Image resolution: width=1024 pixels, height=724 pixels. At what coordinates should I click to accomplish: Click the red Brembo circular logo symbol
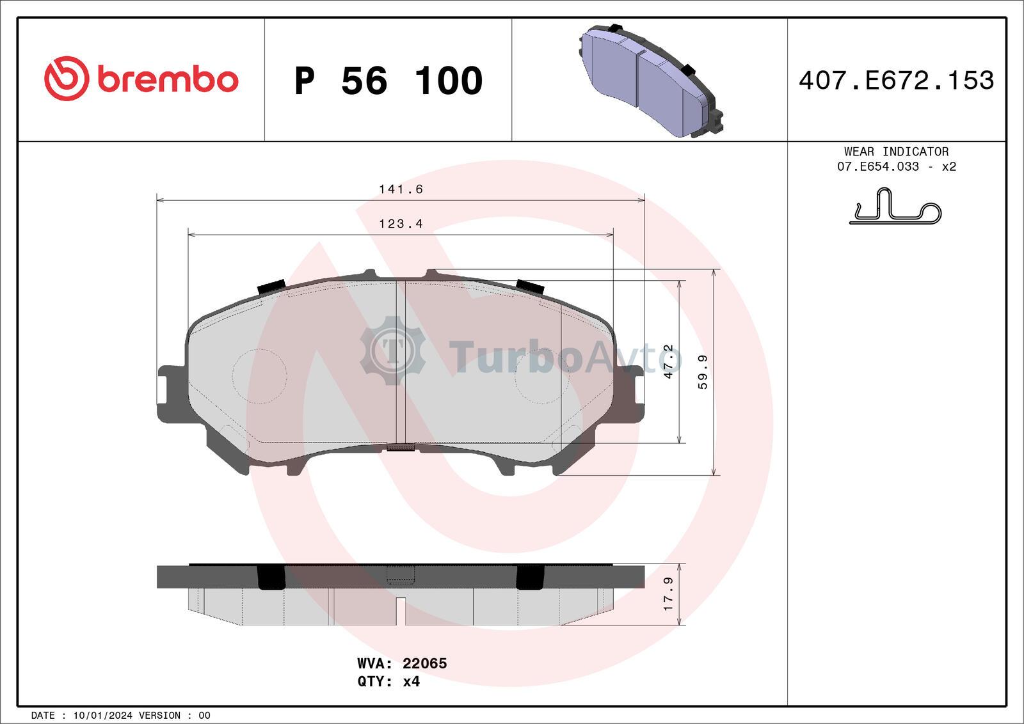tap(67, 79)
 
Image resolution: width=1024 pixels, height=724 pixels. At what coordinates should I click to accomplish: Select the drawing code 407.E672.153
tap(896, 81)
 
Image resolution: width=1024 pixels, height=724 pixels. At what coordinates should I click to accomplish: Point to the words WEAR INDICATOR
tap(896, 151)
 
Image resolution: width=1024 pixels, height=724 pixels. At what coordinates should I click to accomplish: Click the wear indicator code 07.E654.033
tap(877, 166)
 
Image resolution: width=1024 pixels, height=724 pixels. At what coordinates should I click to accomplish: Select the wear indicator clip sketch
tap(895, 206)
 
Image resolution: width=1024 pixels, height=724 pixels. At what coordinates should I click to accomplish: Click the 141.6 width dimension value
tap(401, 189)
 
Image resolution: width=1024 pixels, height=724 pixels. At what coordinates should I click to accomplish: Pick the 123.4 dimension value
tap(401, 224)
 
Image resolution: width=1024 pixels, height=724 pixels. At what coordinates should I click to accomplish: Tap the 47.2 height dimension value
tap(669, 361)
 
